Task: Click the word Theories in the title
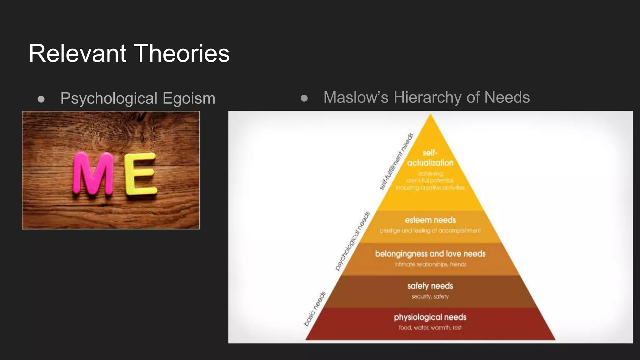(x=183, y=53)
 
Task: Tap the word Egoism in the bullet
(x=189, y=98)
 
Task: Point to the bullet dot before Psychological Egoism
(x=41, y=99)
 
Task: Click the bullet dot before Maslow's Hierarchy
(x=304, y=98)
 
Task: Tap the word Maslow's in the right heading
(x=356, y=97)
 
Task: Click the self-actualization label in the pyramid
(x=430, y=158)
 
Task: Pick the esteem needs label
(x=430, y=220)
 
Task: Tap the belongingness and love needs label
(x=430, y=253)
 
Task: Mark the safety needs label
(x=430, y=286)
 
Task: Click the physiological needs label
(x=430, y=317)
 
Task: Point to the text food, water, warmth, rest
(x=430, y=327)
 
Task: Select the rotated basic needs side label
(x=315, y=309)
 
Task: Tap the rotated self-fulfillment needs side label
(x=397, y=162)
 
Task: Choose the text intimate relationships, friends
(x=430, y=264)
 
